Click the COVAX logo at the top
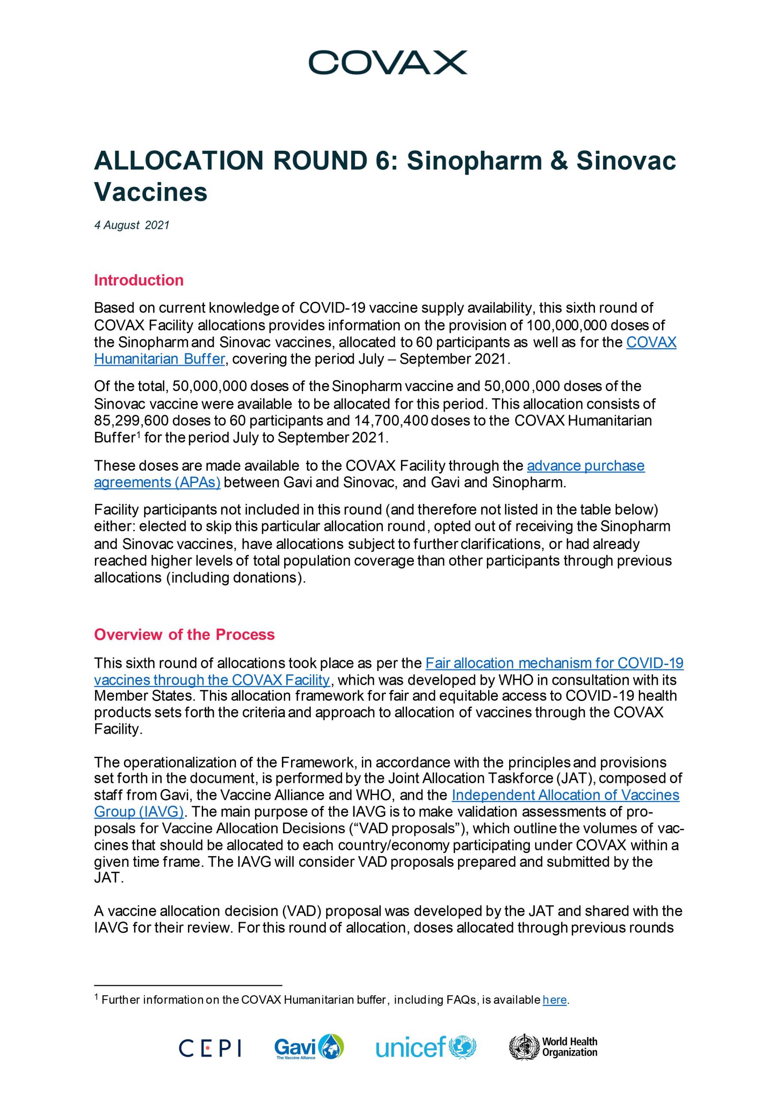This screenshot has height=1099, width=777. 388,63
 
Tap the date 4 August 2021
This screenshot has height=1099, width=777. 132,225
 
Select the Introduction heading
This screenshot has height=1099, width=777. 139,280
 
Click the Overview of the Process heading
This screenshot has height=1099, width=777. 184,635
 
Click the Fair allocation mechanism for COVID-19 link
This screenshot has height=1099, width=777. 554,663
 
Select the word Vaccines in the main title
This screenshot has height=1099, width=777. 151,192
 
